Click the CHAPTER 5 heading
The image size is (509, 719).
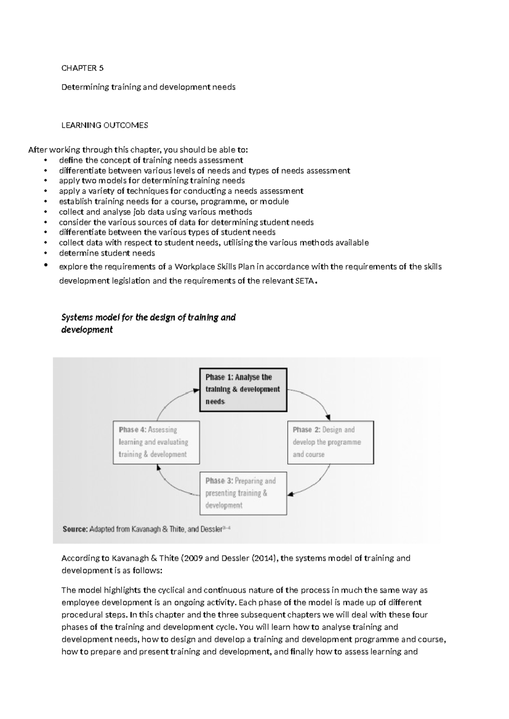point(82,68)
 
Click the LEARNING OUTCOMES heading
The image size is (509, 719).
point(104,125)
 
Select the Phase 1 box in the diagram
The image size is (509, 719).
point(243,390)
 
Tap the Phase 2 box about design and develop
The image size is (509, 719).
point(330,442)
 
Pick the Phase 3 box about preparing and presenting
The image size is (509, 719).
point(243,493)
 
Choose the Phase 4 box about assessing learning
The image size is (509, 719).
point(156,442)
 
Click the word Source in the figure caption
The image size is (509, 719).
point(75,529)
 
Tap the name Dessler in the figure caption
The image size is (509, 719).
point(211,529)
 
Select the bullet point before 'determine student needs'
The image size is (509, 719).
point(45,254)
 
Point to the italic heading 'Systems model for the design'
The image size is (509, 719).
point(148,318)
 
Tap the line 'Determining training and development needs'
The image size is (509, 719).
point(148,87)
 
